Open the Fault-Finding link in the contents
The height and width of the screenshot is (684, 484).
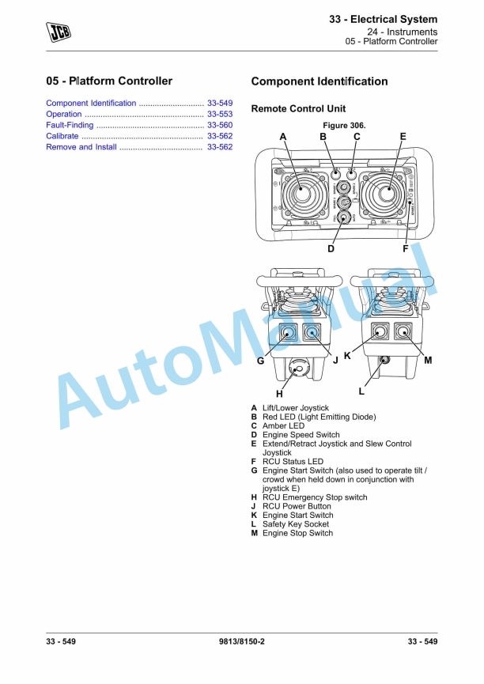71,125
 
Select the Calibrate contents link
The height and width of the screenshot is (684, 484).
62,136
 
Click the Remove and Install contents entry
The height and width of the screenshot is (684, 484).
81,147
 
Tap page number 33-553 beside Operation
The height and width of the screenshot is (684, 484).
219,114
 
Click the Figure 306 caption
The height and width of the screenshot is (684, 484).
344,126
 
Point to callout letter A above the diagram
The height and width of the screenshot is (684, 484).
282,137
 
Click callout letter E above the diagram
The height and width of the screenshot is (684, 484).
403,137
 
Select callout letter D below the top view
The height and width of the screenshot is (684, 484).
331,248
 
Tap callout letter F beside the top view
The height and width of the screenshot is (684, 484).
405,248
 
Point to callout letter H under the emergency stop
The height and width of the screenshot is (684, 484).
279,393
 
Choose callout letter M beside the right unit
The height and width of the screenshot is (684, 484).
428,360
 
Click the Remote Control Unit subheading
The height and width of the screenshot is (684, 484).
297,108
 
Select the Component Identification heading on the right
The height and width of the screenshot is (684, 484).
319,81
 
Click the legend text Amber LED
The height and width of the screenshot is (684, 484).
283,425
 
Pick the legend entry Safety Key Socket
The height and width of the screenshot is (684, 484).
295,523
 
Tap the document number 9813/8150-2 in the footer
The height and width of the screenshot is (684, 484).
241,641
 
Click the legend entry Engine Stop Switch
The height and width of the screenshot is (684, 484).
297,533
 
